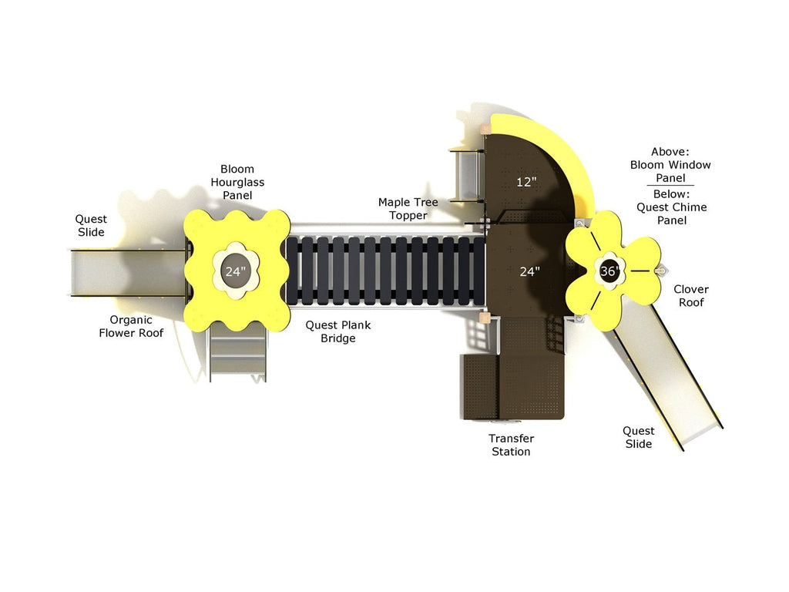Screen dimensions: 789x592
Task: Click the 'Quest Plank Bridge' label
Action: coord(338,331)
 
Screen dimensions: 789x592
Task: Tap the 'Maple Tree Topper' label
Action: coord(408,208)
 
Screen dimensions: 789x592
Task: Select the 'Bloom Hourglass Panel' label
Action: coord(237,182)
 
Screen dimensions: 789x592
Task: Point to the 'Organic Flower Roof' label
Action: coord(131,326)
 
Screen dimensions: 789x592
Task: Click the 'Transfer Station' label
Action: coord(512,445)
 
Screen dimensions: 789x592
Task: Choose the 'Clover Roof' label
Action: coord(691,295)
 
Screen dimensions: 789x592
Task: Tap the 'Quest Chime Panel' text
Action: coord(672,214)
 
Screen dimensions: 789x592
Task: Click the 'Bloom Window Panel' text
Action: coord(671,171)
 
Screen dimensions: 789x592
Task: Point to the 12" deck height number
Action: coord(526,182)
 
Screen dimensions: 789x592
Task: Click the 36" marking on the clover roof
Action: coord(609,271)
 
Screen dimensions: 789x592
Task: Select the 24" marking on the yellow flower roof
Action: coord(236,272)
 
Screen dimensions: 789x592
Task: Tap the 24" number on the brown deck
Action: coord(530,272)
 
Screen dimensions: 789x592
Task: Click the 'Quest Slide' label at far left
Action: coord(91,226)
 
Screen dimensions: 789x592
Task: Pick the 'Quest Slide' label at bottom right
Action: coord(639,437)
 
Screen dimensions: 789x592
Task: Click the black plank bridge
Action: coord(385,271)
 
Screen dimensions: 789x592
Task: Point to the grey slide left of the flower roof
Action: coord(129,272)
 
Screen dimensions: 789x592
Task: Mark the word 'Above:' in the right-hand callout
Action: coord(670,152)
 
